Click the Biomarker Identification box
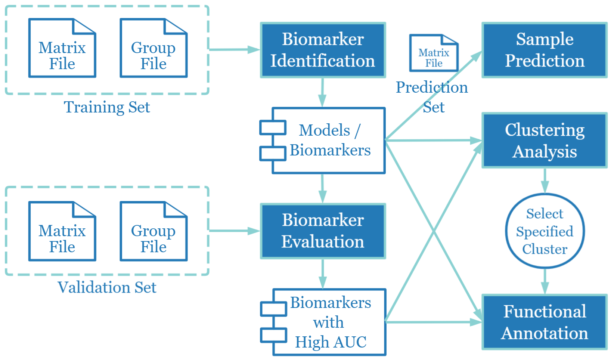point(323,50)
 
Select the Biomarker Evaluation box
point(323,231)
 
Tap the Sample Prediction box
point(545,50)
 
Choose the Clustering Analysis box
point(545,141)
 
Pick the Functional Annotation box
point(545,322)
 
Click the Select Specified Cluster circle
point(545,231)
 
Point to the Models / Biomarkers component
point(329,141)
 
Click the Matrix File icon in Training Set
point(62,49)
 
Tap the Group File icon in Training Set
point(153,49)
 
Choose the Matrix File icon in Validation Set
point(62,232)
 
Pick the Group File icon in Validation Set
point(153,232)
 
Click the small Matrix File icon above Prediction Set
point(434,53)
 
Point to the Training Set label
point(107,107)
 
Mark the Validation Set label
point(107,287)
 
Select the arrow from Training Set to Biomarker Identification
point(234,49)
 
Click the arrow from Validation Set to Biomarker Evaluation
point(234,231)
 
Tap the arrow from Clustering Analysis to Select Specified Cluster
point(545,180)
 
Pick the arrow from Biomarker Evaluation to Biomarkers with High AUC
point(323,274)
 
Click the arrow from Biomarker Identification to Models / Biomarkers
point(322,92)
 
